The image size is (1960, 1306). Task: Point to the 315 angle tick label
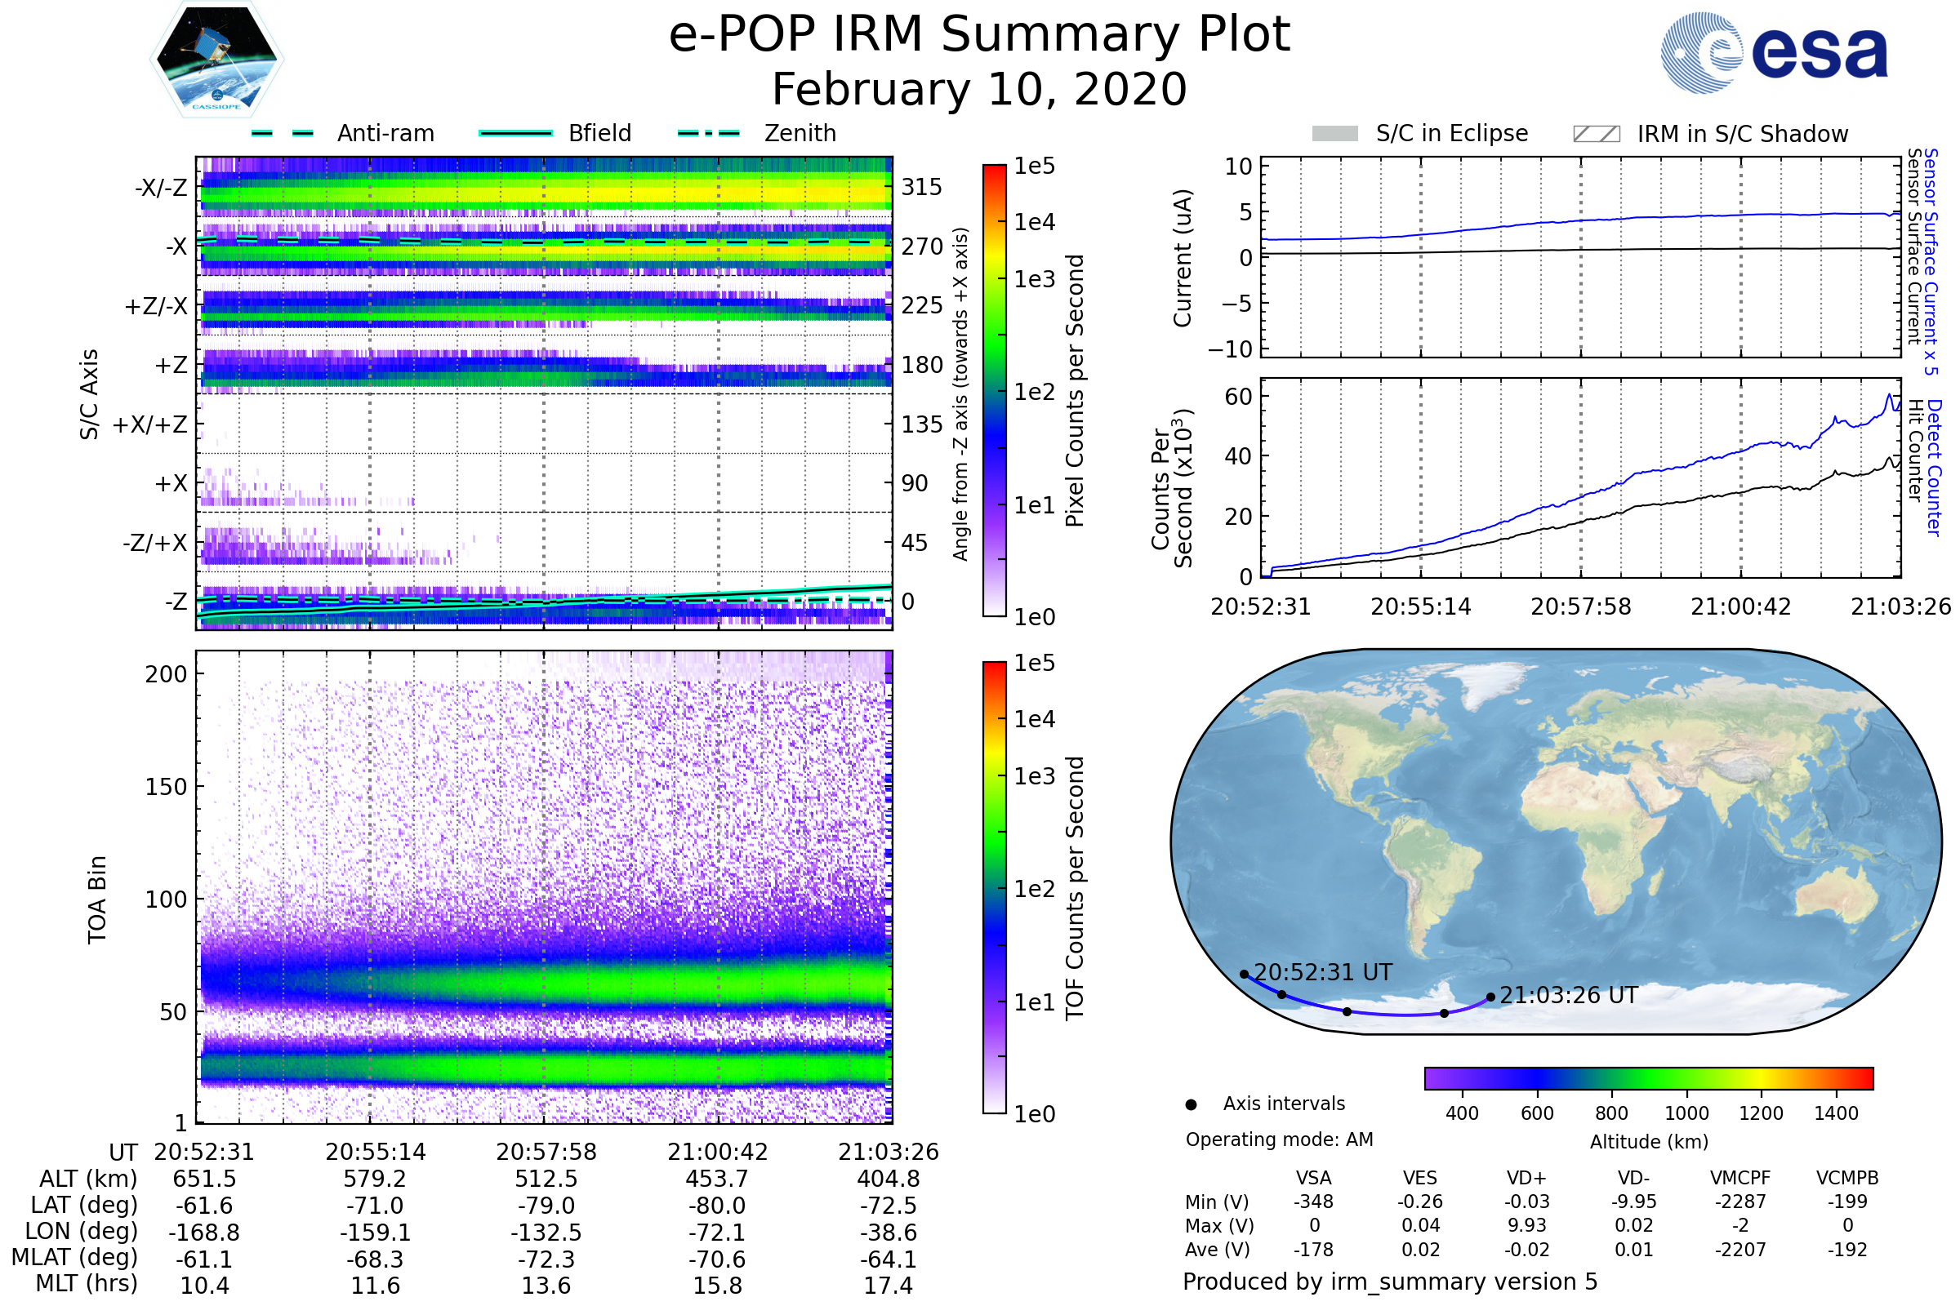(921, 187)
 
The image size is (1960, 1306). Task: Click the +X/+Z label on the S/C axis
(150, 424)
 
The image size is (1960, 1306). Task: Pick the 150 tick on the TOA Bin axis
(166, 787)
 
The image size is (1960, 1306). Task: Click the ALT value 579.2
(375, 1179)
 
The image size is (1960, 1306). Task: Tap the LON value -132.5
(546, 1233)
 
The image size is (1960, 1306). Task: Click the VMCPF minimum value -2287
(1740, 1202)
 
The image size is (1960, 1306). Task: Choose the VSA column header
(1313, 1178)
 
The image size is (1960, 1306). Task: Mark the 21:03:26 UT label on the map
(1568, 995)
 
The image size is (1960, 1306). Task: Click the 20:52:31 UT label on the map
(1322, 972)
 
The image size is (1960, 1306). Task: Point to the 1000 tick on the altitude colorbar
(1686, 1113)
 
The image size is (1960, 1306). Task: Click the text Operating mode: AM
(1279, 1139)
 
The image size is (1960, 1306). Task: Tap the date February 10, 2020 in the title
(979, 90)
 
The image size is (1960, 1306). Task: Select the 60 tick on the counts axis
(1238, 397)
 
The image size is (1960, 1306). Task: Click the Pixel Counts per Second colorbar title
(1075, 391)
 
